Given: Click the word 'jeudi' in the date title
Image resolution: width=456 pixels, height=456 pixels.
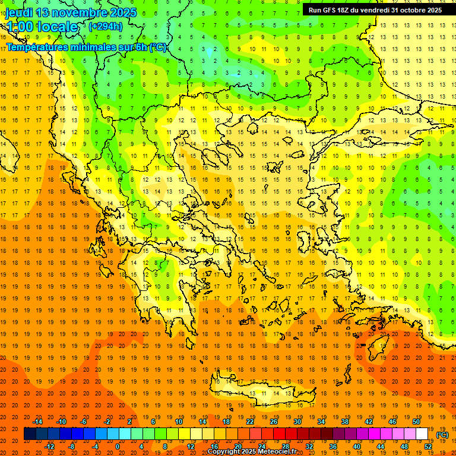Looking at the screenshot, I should pos(21,12).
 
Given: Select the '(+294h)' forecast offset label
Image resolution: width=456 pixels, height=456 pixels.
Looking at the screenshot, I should pos(105,27).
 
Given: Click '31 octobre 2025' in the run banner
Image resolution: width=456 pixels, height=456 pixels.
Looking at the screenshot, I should pos(416,10).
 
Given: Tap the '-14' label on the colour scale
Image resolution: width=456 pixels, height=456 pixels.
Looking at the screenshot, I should pos(38,421).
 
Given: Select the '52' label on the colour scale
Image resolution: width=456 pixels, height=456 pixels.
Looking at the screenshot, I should pos(428,446).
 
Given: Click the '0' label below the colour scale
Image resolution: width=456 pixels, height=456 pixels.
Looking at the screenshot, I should pos(118,446).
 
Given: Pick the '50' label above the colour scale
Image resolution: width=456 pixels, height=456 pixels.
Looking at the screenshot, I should pos(416,421).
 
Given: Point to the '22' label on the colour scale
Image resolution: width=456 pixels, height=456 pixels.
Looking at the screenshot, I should pos(250,421).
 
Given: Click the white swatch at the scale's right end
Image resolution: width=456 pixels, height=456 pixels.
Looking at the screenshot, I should pos(422,434).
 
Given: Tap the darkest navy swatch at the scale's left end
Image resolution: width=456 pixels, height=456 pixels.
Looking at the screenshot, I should pos(30,434).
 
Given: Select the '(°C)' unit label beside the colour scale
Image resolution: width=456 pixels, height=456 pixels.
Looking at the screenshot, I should pos(442,435).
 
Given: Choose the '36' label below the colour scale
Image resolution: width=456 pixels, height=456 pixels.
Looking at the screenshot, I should pos(333,446).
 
